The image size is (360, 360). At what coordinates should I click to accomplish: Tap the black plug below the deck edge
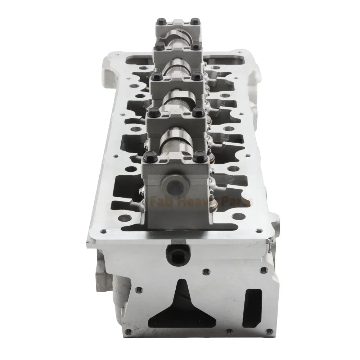177,254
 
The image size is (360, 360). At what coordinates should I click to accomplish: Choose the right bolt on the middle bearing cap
197,76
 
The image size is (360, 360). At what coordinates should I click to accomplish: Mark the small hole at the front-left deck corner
104,231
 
